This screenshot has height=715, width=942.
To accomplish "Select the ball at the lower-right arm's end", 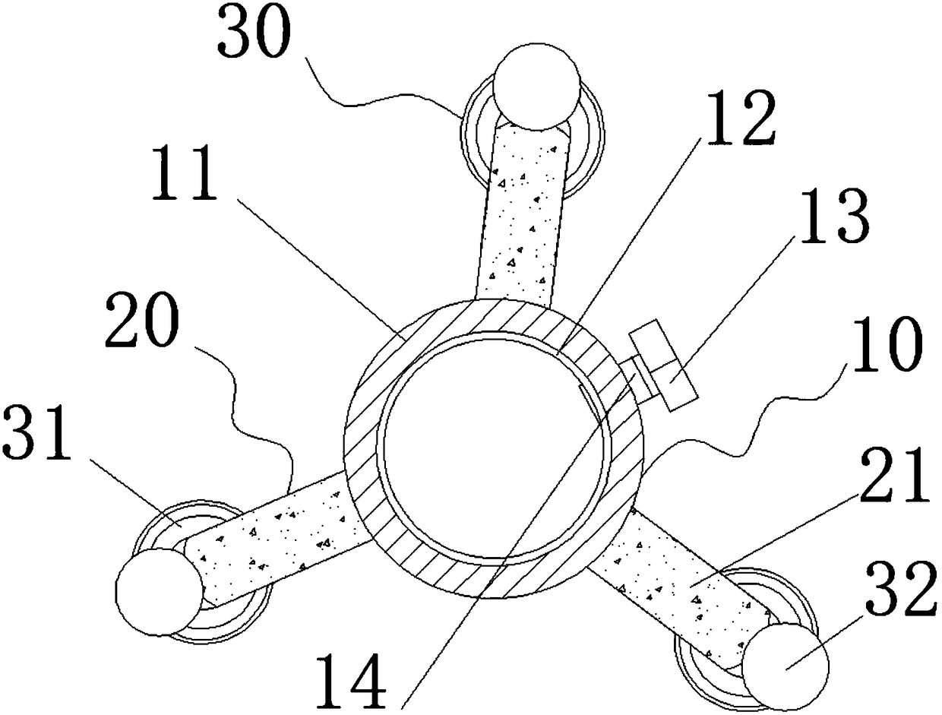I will [x=784, y=660].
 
